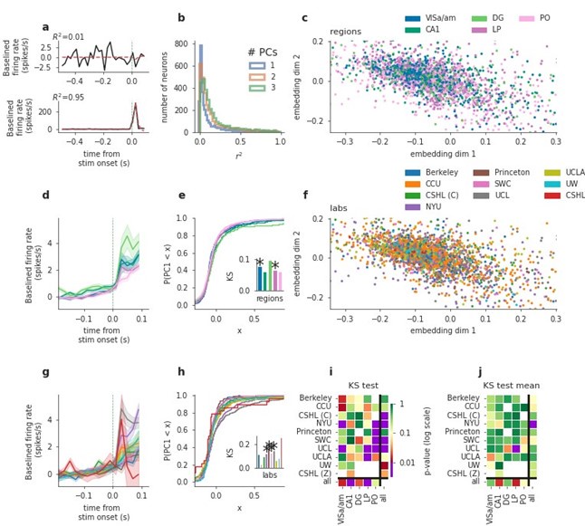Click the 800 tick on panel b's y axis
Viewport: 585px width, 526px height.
pyautogui.click(x=187, y=43)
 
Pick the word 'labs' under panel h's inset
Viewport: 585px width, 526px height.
pyautogui.click(x=269, y=473)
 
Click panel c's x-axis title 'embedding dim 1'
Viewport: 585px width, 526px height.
pyautogui.click(x=447, y=158)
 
